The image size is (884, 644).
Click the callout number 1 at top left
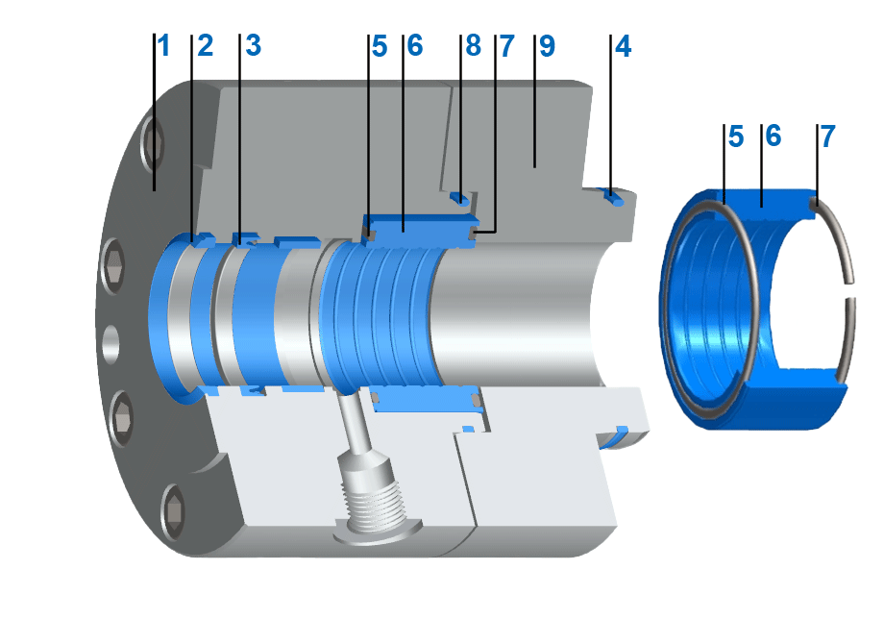pos(163,45)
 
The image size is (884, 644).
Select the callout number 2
pos(205,45)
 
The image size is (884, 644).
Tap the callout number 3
pos(253,45)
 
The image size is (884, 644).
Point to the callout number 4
pos(623,45)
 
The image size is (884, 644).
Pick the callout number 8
pos(472,45)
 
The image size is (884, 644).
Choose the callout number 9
pos(547,45)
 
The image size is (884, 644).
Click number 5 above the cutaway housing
pos(380,45)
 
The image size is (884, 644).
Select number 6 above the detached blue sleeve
pos(773,136)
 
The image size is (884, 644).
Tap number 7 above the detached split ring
pos(826,136)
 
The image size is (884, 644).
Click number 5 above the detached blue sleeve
pos(735,136)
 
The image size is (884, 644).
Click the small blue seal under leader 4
pos(611,197)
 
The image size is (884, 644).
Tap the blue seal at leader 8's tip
pos(461,199)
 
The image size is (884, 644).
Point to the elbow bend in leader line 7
pos(495,232)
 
